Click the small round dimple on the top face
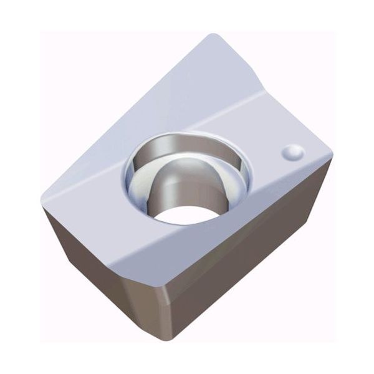[x=293, y=151]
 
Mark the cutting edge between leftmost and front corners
[x=90, y=240]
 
